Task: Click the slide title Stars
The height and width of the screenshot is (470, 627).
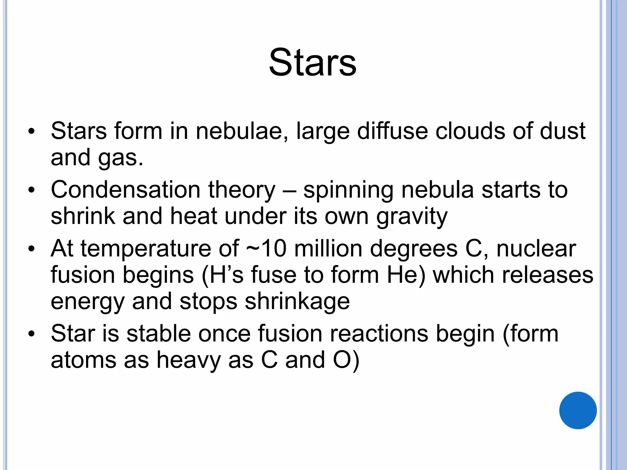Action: tap(313, 63)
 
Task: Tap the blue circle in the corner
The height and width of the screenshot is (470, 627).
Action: tap(578, 410)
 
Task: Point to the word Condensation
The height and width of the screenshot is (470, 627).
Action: tap(126, 190)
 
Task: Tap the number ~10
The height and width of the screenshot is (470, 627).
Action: tap(266, 248)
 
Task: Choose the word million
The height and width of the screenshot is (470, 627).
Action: tap(328, 248)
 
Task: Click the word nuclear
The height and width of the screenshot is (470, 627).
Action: tap(536, 248)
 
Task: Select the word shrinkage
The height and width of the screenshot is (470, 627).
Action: tap(297, 302)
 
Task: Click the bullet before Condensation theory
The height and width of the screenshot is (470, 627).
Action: tap(31, 190)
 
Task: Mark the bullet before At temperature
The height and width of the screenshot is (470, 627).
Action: tap(31, 249)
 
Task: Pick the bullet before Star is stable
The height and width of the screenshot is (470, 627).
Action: tap(31, 334)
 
